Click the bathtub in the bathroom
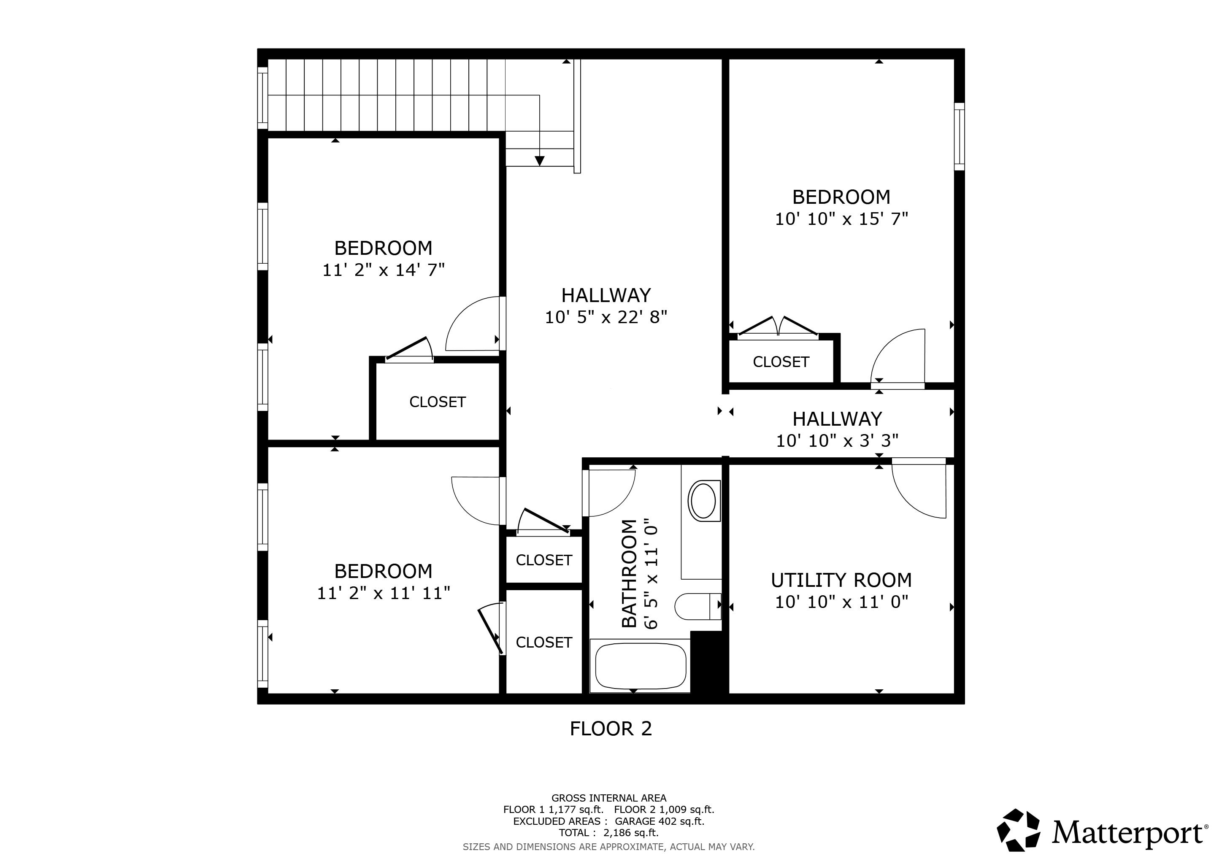(640, 666)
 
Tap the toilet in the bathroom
(697, 607)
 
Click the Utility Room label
(841, 580)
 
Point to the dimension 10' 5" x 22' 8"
(606, 318)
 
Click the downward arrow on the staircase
(540, 160)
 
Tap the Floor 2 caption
(611, 729)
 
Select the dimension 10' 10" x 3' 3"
(837, 440)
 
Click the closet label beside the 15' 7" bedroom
(781, 362)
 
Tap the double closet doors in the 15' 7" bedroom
(778, 328)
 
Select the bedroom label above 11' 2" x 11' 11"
(383, 571)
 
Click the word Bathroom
(629, 573)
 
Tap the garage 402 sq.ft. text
(660, 821)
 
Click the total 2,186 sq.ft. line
(608, 833)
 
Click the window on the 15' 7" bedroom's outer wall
(959, 137)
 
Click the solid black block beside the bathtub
(708, 662)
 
